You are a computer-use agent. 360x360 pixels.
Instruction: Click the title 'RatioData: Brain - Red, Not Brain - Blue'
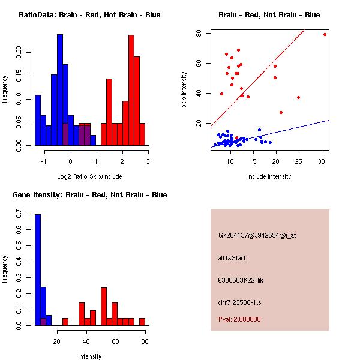click(89, 15)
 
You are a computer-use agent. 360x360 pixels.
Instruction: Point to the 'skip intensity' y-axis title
click(185, 90)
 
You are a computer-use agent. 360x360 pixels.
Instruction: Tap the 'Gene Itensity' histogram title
click(89, 195)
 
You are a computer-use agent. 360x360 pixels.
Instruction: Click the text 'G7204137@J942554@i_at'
click(257, 235)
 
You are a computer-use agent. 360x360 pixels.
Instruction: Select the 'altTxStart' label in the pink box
click(232, 258)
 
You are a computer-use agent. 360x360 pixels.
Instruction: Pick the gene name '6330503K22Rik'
click(239, 280)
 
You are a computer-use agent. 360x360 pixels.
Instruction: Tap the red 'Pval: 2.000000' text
click(239, 319)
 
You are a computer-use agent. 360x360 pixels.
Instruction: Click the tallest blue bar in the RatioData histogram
click(60, 90)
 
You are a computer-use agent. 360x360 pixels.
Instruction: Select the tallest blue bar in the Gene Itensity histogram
click(38, 270)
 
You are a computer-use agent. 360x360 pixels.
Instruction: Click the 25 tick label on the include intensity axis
click(299, 161)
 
